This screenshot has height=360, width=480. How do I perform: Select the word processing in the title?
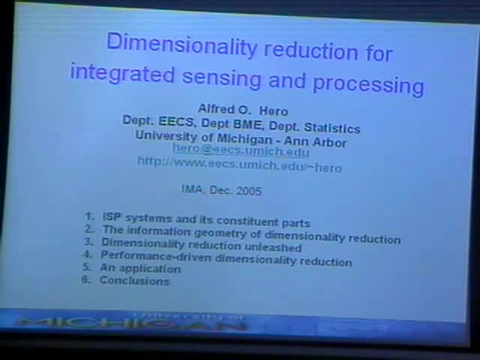pyautogui.click(x=369, y=82)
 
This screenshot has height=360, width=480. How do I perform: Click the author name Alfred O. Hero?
pyautogui.click(x=242, y=109)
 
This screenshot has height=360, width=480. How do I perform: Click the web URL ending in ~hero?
pyautogui.click(x=239, y=163)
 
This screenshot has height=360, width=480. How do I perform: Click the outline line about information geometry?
pyautogui.click(x=250, y=235)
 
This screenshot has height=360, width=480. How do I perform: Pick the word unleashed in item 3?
pyautogui.click(x=272, y=247)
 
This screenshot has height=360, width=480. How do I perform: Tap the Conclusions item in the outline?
pyautogui.click(x=134, y=281)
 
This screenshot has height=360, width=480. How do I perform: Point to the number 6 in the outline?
pyautogui.click(x=85, y=280)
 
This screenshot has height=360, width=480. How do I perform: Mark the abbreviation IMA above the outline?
pyautogui.click(x=192, y=190)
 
